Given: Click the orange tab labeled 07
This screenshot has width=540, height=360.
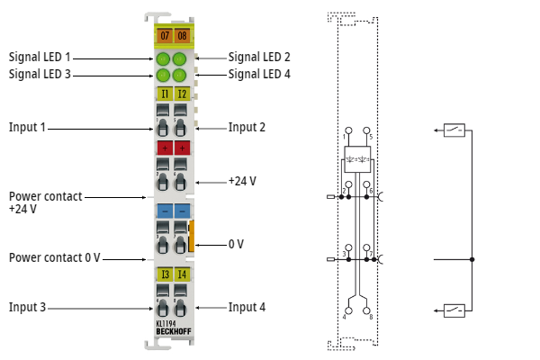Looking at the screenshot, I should pyautogui.click(x=164, y=36).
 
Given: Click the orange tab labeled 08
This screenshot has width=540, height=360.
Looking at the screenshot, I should pyautogui.click(x=181, y=36).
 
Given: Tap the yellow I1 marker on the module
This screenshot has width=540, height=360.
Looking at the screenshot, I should pyautogui.click(x=164, y=93).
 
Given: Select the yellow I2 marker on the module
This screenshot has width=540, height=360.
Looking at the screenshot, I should pyautogui.click(x=181, y=93).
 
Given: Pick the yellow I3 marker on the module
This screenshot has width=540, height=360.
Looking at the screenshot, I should pyautogui.click(x=164, y=274).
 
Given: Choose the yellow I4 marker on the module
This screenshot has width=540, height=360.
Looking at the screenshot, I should pyautogui.click(x=181, y=274).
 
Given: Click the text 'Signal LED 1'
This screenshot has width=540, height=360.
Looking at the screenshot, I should pyautogui.click(x=40, y=56).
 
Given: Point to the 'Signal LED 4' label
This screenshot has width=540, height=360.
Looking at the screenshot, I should pyautogui.click(x=259, y=74).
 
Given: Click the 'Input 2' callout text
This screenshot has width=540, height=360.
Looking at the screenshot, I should pyautogui.click(x=247, y=127).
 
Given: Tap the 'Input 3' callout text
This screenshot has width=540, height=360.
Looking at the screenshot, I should pyautogui.click(x=27, y=307).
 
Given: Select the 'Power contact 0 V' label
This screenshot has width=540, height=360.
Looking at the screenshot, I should pyautogui.click(x=54, y=257).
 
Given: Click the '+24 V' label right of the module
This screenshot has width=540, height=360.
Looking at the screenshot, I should pyautogui.click(x=241, y=181).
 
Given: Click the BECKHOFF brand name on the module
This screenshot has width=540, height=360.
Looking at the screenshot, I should pyautogui.click(x=172, y=331).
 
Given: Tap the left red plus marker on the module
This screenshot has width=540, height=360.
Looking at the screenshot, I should pyautogui.click(x=164, y=148).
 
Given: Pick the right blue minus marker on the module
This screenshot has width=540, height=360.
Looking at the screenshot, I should pyautogui.click(x=181, y=211).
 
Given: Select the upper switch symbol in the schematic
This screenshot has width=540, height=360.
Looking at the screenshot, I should pyautogui.click(x=454, y=130).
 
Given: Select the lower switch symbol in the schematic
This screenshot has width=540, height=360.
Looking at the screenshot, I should pyautogui.click(x=454, y=310).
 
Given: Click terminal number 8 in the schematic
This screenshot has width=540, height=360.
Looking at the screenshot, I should pyautogui.click(x=370, y=316).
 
